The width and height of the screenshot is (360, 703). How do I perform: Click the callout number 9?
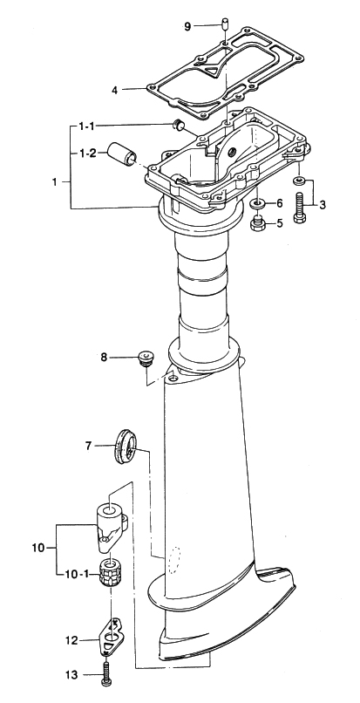(188, 26)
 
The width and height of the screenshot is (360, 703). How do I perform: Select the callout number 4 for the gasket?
(115, 90)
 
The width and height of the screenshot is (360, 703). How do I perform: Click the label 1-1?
(87, 126)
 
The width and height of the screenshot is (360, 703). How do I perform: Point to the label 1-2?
(87, 154)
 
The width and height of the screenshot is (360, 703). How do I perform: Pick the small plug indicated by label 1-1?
(180, 125)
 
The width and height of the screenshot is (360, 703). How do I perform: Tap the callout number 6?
(279, 203)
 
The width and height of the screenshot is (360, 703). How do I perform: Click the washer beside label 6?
(258, 203)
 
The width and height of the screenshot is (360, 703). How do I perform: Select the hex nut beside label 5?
(257, 223)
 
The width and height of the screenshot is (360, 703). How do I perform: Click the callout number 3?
(323, 205)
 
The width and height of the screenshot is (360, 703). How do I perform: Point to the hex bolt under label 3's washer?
(300, 207)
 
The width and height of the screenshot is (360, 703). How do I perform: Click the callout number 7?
(88, 446)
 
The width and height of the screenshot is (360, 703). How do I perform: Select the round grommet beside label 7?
(125, 447)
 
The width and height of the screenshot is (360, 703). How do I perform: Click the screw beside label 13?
(106, 672)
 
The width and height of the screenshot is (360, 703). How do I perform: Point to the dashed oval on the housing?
(174, 562)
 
